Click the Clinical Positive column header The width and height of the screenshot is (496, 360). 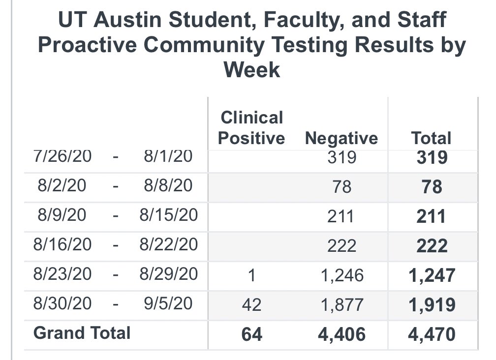pyautogui.click(x=251, y=128)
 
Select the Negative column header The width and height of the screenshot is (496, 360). pyautogui.click(x=341, y=138)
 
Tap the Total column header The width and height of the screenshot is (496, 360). pyautogui.click(x=432, y=138)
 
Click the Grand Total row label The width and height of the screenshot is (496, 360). pyautogui.click(x=82, y=333)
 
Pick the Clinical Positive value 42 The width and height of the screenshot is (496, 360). pyautogui.click(x=252, y=305)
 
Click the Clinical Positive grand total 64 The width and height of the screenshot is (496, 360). pyautogui.click(x=252, y=334)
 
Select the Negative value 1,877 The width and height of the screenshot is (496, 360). pyautogui.click(x=342, y=305)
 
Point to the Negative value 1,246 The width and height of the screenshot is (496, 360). pyautogui.click(x=342, y=275)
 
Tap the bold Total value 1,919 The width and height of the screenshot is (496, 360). pyautogui.click(x=432, y=305)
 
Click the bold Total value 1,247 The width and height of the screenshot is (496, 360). pyautogui.click(x=432, y=275)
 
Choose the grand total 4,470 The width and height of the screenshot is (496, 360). pyautogui.click(x=432, y=334)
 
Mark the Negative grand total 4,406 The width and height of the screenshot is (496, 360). pyautogui.click(x=341, y=334)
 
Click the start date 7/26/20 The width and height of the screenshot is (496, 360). pyautogui.click(x=62, y=156)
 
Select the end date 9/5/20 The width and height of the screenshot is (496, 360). pyautogui.click(x=168, y=303)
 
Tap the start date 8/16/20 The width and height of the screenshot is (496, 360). pyautogui.click(x=62, y=244)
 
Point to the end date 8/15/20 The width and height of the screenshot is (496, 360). pyautogui.click(x=169, y=215)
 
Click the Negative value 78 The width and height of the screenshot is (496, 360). pyautogui.click(x=341, y=187)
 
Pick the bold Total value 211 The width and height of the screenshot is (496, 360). pyautogui.click(x=431, y=216)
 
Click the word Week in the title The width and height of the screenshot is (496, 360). pyautogui.click(x=252, y=69)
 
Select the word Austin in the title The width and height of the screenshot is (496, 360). pyautogui.click(x=127, y=20)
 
